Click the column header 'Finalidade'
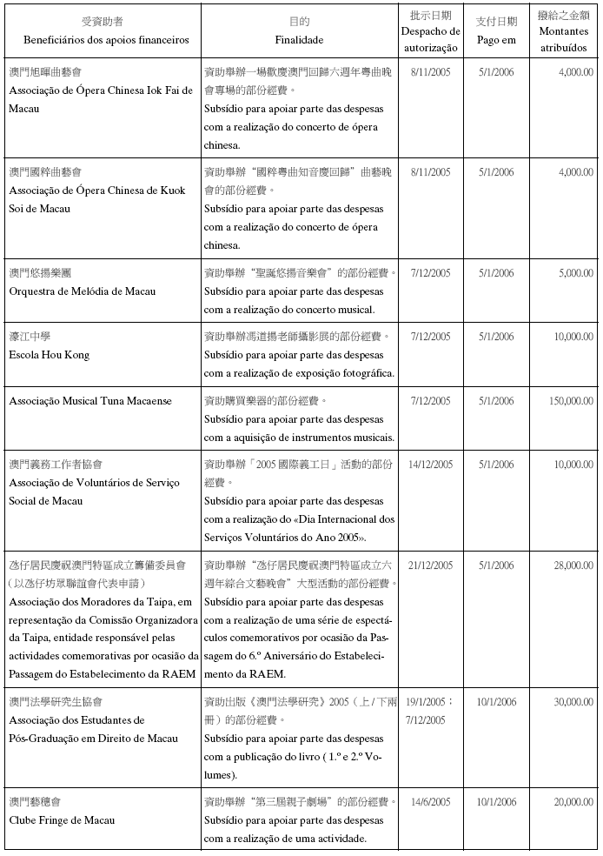click(299, 40)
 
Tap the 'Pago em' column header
click(496, 40)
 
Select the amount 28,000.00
click(570, 565)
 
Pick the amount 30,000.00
click(570, 702)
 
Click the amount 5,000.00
click(573, 273)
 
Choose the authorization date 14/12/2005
click(431, 465)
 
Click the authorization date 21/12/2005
click(431, 565)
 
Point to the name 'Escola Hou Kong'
click(50, 355)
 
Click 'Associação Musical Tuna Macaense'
click(90, 401)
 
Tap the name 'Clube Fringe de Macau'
click(62, 820)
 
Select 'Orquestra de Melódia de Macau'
click(83, 291)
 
